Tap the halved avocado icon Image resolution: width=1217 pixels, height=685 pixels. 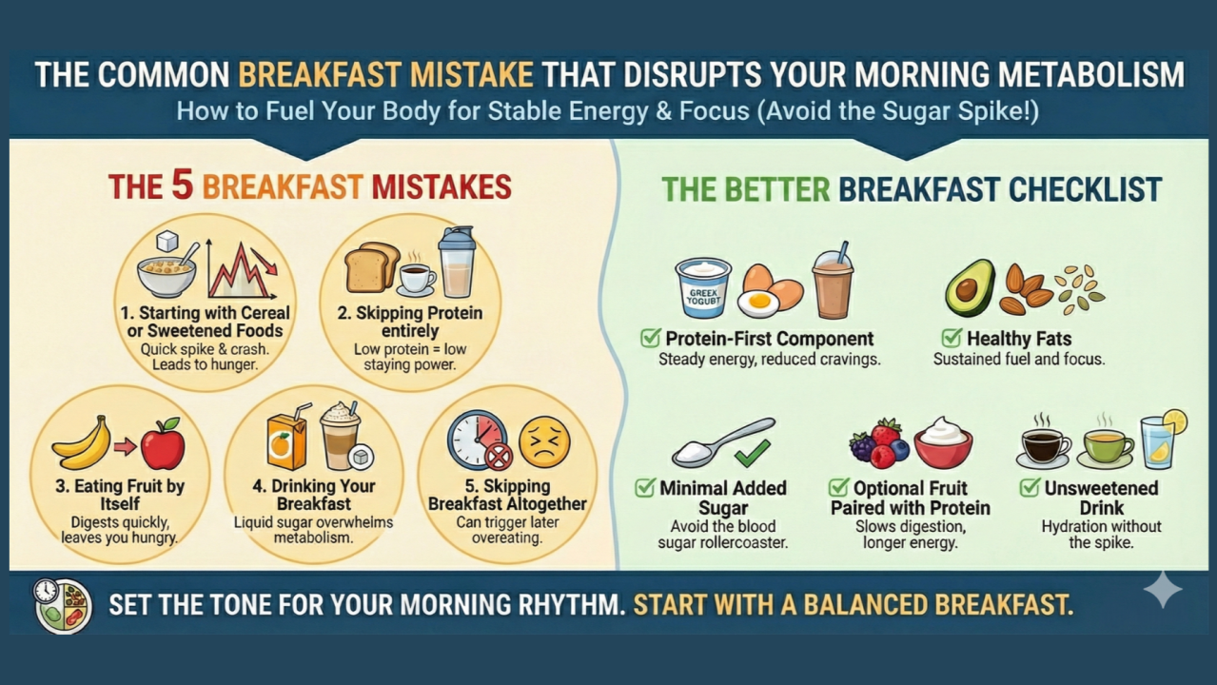969,287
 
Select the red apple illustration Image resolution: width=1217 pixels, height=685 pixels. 163,444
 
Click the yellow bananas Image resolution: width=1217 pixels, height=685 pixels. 81,443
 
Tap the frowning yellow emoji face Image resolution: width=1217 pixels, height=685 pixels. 544,441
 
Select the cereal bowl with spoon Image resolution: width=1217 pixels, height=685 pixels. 168,269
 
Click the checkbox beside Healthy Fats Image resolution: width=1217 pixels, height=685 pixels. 951,338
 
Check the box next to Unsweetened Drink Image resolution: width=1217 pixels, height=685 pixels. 1029,488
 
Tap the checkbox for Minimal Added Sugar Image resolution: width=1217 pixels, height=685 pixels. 645,488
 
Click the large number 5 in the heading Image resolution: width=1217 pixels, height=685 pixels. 183,186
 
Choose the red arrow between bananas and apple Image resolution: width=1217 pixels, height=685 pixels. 125,445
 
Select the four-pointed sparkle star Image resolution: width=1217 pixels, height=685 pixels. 1163,590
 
